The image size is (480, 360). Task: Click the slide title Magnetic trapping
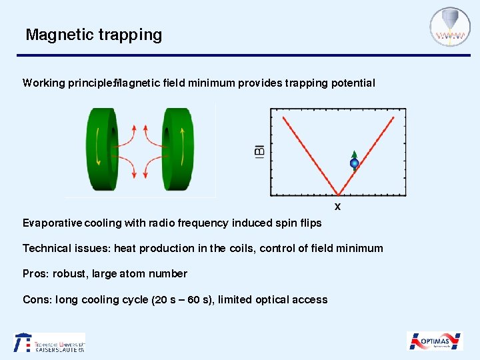pyautogui.click(x=93, y=35)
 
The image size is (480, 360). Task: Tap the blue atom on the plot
pyautogui.click(x=355, y=163)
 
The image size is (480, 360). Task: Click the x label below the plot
pyautogui.click(x=337, y=207)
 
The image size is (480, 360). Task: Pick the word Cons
pyautogui.click(x=37, y=299)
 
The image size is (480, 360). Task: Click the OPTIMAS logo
pyautogui.click(x=435, y=341)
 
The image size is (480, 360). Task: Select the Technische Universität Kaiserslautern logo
pyautogui.click(x=50, y=342)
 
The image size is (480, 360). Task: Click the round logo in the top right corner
pyautogui.click(x=449, y=27)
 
